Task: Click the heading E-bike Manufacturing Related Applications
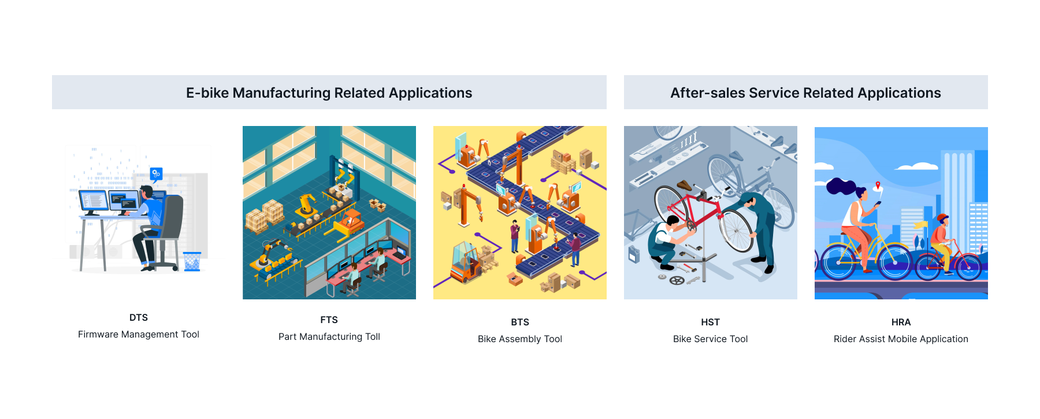(x=329, y=92)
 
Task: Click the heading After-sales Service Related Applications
(x=805, y=92)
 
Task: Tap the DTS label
(x=139, y=317)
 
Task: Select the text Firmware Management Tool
(x=139, y=334)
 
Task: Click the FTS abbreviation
(x=329, y=320)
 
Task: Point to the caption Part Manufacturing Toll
(x=329, y=336)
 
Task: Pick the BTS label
(x=519, y=322)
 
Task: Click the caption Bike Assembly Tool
(x=519, y=339)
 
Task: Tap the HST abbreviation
(x=710, y=322)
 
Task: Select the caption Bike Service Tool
(x=710, y=339)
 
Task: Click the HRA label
(x=901, y=322)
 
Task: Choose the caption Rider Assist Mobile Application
(x=901, y=339)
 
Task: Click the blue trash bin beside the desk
(x=192, y=261)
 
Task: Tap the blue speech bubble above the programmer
(x=156, y=173)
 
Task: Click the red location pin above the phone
(x=878, y=186)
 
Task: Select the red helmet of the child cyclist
(x=942, y=218)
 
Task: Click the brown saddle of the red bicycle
(x=685, y=186)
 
